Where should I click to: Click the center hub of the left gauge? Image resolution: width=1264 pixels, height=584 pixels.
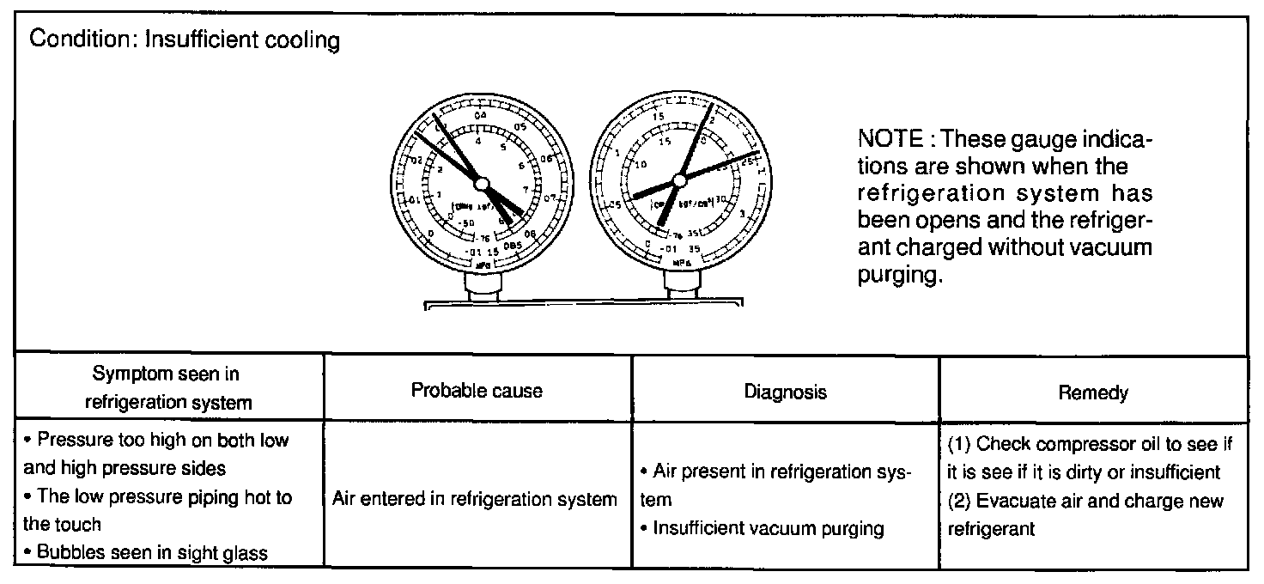pos(481,184)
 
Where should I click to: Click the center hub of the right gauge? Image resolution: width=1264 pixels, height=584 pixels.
pos(679,180)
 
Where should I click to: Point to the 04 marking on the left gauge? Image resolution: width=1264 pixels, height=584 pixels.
pos(479,115)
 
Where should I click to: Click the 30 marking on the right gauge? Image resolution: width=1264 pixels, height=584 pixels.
pos(721,198)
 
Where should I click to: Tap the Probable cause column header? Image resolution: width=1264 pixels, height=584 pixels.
pos(477,391)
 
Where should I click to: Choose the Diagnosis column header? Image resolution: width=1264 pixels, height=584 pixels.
pos(785,392)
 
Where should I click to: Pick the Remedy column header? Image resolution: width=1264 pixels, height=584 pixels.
pos(1093,392)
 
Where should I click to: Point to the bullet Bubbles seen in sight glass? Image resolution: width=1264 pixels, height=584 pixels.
pos(151,553)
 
